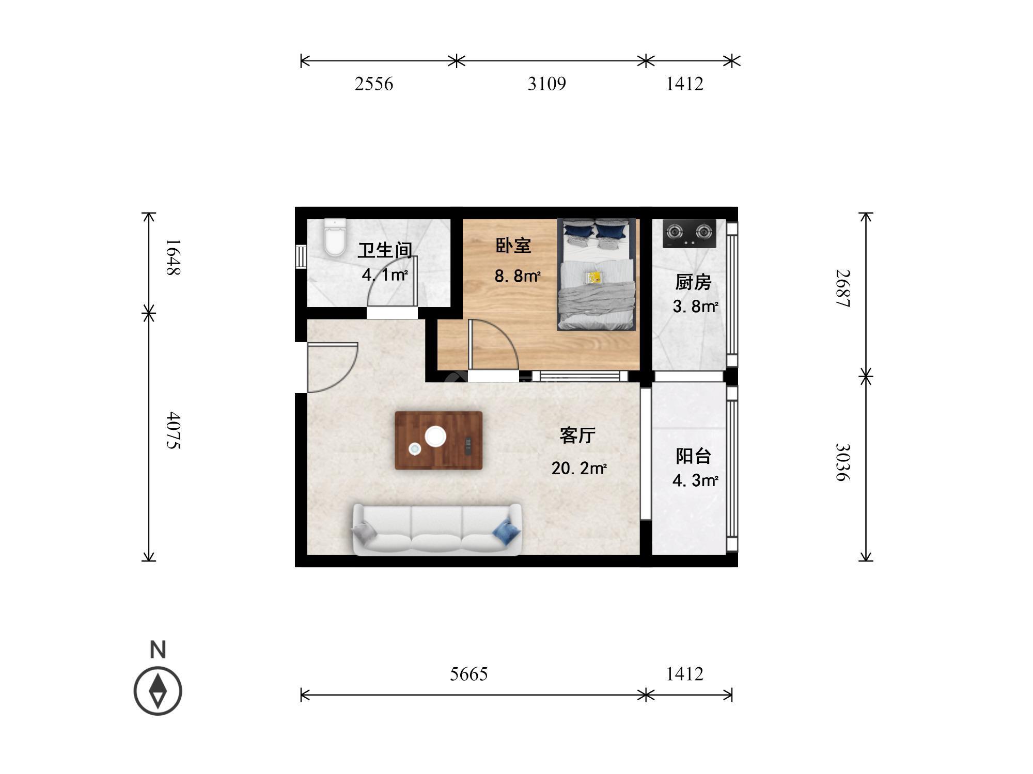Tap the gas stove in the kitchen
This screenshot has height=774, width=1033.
(x=690, y=233)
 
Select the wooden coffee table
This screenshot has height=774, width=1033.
(x=439, y=440)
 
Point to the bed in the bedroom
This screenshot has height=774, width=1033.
(x=596, y=274)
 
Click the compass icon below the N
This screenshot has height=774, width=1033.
(x=158, y=691)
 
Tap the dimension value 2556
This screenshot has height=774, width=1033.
(x=374, y=84)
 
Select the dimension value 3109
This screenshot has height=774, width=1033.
(x=546, y=84)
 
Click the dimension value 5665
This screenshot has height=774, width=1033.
(x=468, y=674)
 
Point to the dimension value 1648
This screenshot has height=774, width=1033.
(x=173, y=257)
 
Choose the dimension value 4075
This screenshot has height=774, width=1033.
(x=173, y=430)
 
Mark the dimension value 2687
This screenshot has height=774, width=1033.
(x=842, y=288)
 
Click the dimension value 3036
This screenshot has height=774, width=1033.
(x=842, y=462)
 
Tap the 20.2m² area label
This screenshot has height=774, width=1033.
(x=579, y=469)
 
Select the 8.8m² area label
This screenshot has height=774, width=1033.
(x=518, y=277)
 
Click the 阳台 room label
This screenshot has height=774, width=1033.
(x=694, y=456)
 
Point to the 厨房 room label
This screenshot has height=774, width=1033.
(x=693, y=282)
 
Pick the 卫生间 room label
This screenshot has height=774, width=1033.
(x=385, y=250)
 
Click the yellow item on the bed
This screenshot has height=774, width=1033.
(x=593, y=277)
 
